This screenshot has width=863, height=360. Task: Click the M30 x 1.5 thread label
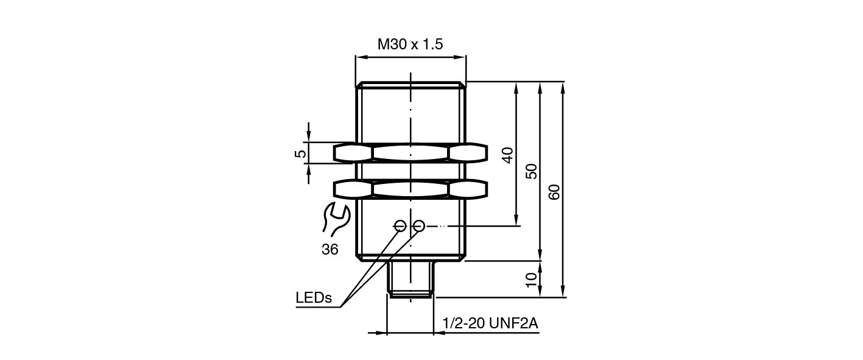[x=410, y=44]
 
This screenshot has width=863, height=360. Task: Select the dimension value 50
[x=532, y=171]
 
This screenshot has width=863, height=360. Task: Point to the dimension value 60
[x=554, y=191]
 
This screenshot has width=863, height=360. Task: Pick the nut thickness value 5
[x=300, y=153]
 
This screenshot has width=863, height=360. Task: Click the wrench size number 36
[x=330, y=249]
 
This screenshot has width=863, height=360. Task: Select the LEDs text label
[x=314, y=298]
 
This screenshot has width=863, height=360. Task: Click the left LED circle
[x=400, y=226]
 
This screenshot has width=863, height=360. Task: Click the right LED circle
[x=418, y=226]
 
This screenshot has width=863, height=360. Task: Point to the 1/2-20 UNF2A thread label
[x=491, y=323]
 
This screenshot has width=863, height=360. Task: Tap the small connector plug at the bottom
[x=411, y=279]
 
